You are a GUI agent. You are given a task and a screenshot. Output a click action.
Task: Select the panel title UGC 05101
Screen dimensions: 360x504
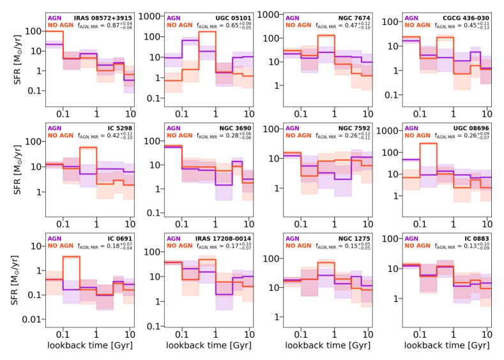pos(225,18)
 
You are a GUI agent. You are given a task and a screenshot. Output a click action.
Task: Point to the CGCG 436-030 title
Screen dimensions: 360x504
pos(459,18)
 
